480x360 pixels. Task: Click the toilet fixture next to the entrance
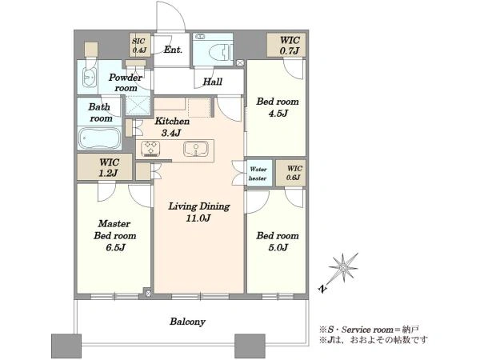tap(221, 52)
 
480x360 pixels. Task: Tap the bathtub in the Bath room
tap(99, 138)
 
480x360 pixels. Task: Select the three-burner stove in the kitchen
tap(150, 148)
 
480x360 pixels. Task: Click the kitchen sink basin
tap(195, 149)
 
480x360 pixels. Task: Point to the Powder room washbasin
tap(89, 78)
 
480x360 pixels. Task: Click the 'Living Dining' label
tap(199, 206)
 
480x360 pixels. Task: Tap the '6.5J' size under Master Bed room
tap(115, 247)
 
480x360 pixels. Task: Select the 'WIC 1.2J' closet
tap(105, 167)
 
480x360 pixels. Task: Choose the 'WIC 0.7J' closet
tap(286, 45)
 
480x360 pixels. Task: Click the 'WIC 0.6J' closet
tap(290, 173)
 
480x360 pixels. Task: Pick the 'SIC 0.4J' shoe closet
tap(139, 45)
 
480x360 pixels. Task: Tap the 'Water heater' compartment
tap(259, 173)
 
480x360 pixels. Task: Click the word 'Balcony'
tap(188, 322)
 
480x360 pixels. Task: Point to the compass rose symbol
tap(343, 268)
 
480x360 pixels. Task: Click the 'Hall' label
tap(213, 82)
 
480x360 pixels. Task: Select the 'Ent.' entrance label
tap(173, 50)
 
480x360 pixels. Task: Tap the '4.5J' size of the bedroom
tap(278, 114)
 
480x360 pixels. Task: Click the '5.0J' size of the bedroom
tap(278, 247)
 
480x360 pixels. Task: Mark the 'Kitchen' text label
tap(172, 121)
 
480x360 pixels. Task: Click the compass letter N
tap(322, 288)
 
